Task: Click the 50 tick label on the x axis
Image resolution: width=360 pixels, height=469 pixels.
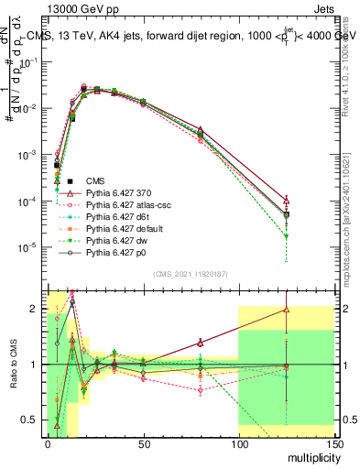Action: point(143,446)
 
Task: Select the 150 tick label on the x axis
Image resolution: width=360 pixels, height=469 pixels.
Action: point(333,446)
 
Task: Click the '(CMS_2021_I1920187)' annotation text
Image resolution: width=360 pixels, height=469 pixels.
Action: point(191,274)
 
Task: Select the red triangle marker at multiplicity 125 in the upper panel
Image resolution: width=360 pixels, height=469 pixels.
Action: point(287,200)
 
